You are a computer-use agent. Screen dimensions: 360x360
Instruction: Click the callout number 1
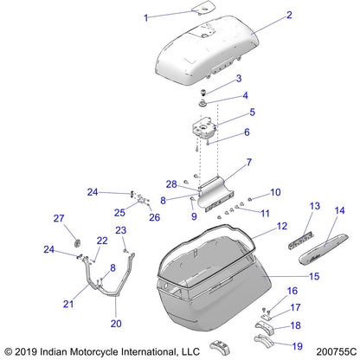pyautogui.click(x=145, y=17)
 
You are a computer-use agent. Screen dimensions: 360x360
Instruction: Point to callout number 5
pyautogui.click(x=252, y=112)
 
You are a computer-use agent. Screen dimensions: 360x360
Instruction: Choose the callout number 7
pyautogui.click(x=249, y=162)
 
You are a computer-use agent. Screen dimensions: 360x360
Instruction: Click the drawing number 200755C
pyautogui.click(x=327, y=352)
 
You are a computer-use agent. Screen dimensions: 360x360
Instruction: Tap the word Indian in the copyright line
pyautogui.click(x=61, y=352)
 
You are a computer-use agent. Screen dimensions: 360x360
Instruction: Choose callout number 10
pyautogui.click(x=276, y=192)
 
